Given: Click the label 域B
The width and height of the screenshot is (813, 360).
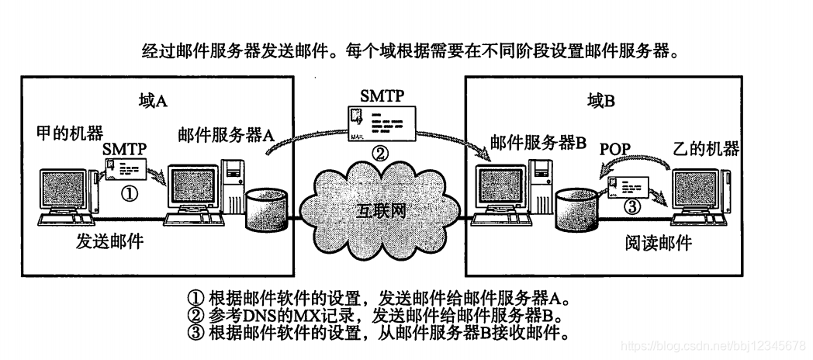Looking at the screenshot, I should (x=599, y=101).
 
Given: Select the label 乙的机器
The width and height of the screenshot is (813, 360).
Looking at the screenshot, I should (x=706, y=147).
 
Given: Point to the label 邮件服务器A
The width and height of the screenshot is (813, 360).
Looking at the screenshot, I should (x=226, y=133).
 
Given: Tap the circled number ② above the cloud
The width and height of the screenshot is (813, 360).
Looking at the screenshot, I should (x=379, y=153).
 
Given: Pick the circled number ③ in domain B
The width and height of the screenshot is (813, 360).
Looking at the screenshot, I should (x=634, y=207).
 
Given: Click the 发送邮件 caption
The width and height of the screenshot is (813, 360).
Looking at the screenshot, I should (x=109, y=242).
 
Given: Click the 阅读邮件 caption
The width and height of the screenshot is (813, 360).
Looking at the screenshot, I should (x=658, y=244).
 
